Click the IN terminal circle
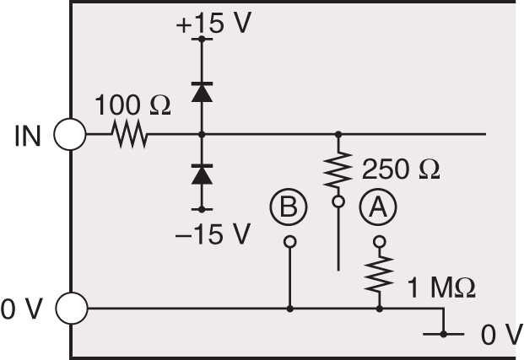(x=70, y=134)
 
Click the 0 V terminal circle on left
(x=70, y=309)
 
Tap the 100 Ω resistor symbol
(x=129, y=134)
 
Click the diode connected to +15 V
(x=202, y=92)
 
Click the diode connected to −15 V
(x=202, y=175)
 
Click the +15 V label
(x=213, y=23)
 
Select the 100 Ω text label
(x=132, y=106)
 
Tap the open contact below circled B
(x=289, y=242)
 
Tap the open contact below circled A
(x=379, y=242)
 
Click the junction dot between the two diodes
(x=202, y=134)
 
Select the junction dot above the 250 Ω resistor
(x=338, y=134)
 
